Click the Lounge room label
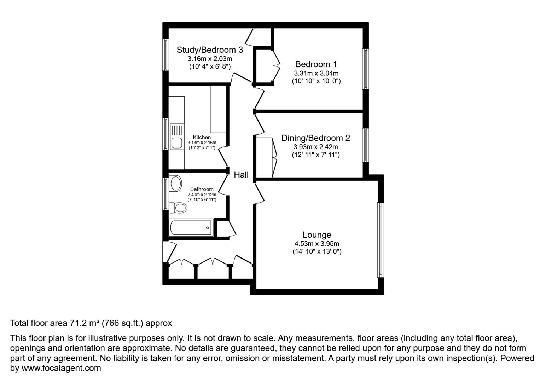tap(317, 235)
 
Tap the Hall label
tap(241, 174)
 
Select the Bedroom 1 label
tap(316, 64)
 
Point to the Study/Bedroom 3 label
tap(210, 50)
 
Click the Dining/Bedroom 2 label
tap(316, 138)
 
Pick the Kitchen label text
tap(202, 137)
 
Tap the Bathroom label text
tap(202, 189)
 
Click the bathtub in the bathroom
tap(191, 228)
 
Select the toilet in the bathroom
tap(178, 208)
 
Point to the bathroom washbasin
tap(175, 184)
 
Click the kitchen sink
tap(177, 137)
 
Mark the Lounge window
tap(381, 240)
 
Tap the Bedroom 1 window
tap(366, 69)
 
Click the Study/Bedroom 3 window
tap(166, 55)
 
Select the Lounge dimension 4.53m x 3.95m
tap(317, 244)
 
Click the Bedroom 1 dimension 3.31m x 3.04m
tap(316, 73)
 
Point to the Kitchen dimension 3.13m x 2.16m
tap(202, 143)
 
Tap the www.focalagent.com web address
tap(61, 368)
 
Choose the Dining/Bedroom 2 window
tap(366, 145)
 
